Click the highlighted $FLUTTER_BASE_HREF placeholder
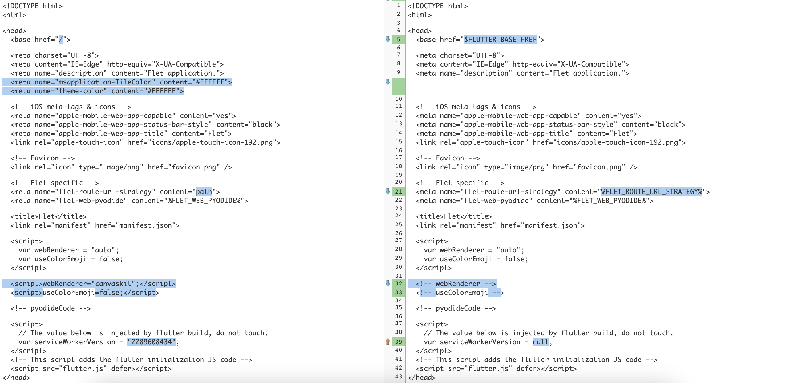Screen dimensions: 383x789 [x=500, y=40]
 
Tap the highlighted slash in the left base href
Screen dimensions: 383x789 [x=61, y=40]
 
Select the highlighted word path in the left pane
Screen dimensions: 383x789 [x=204, y=192]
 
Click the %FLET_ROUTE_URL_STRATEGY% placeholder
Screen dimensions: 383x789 [x=651, y=192]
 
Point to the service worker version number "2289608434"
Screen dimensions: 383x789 [x=152, y=342]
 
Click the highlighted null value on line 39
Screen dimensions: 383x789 [x=540, y=342]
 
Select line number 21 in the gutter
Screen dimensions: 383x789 [x=399, y=192]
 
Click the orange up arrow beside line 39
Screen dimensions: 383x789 [x=388, y=341]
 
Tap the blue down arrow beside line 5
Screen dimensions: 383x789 [x=388, y=39]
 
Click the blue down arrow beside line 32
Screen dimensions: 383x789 [x=388, y=283]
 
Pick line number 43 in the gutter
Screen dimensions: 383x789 [x=399, y=377]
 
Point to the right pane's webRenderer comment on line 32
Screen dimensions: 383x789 [x=455, y=283]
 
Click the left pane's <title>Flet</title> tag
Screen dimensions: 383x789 [x=48, y=216]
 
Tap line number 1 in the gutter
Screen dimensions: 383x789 [x=399, y=5]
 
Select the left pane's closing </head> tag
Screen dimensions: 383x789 [x=16, y=378]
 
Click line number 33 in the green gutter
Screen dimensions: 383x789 [x=399, y=292]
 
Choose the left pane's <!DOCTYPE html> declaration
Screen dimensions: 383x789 [x=32, y=6]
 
